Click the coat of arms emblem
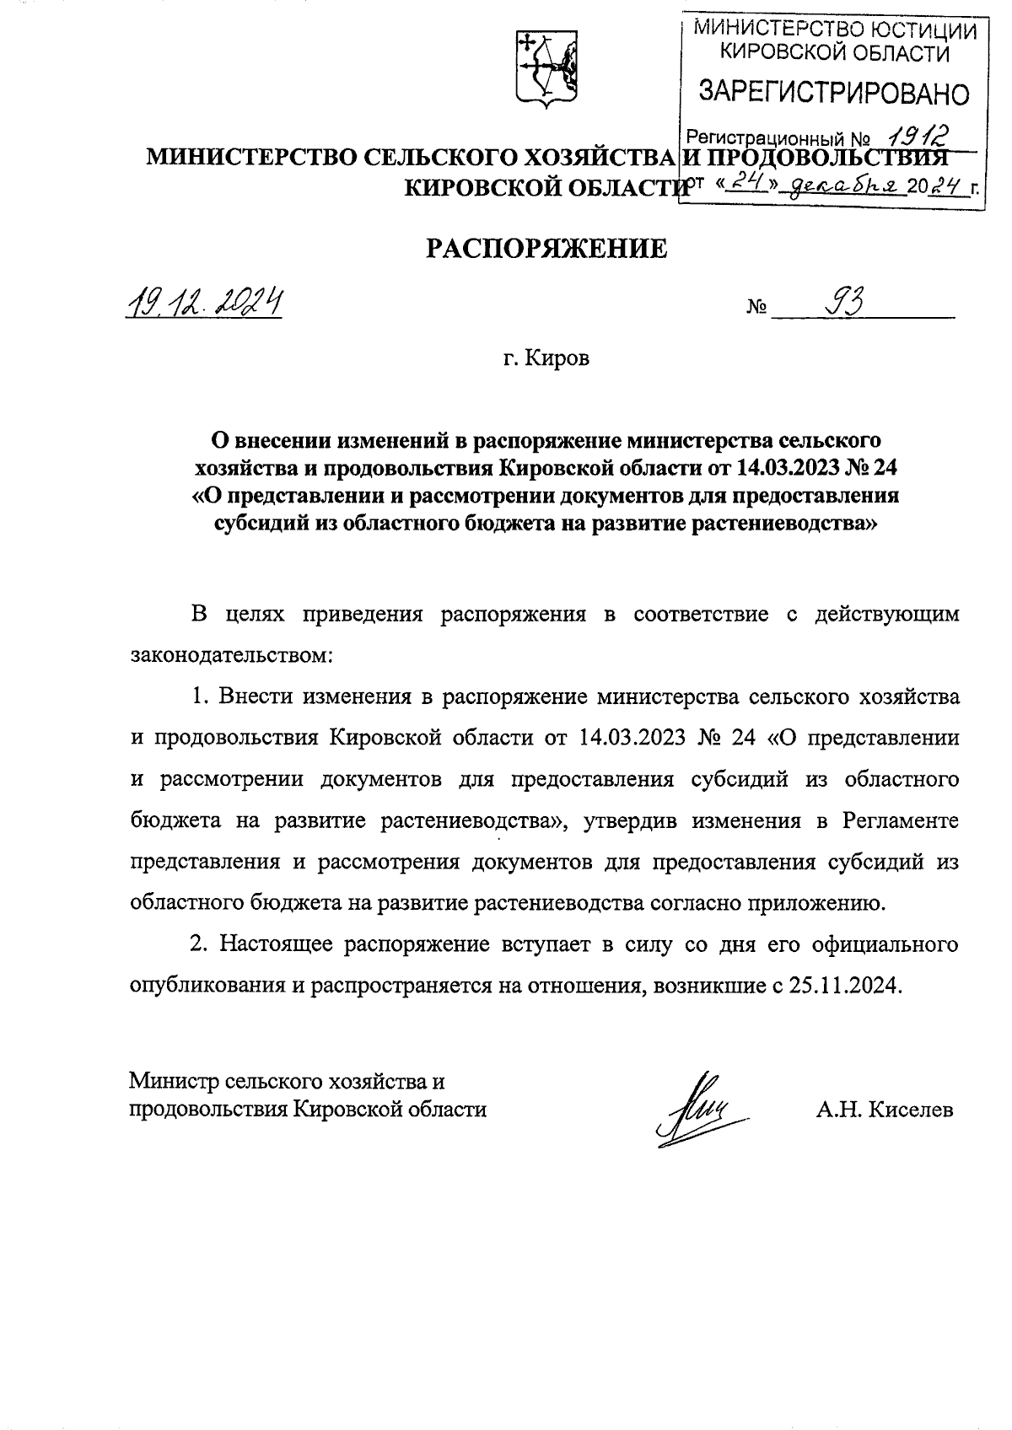point(546,72)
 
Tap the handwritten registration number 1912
point(915,133)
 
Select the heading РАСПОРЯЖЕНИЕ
point(546,249)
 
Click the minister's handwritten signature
point(693,1105)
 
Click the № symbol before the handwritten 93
point(756,309)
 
